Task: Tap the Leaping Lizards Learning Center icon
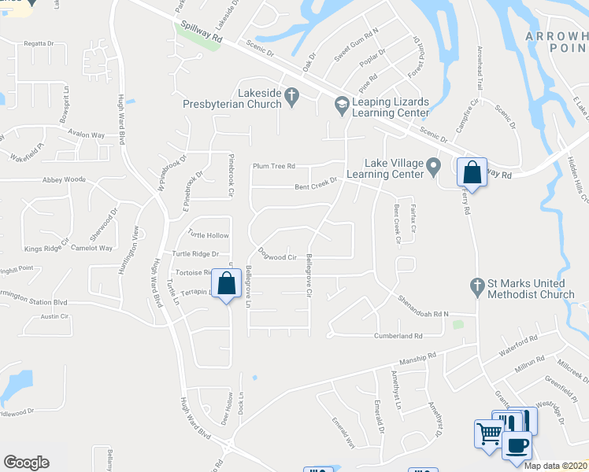[341, 103]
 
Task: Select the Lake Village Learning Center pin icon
[433, 165]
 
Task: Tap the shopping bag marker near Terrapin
[227, 285]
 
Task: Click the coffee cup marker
[517, 445]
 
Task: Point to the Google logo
[26, 463]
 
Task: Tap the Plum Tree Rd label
[273, 166]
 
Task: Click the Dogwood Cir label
[276, 254]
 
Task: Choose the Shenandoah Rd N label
[422, 308]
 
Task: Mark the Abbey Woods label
[64, 179]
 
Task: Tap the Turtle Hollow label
[208, 235]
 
